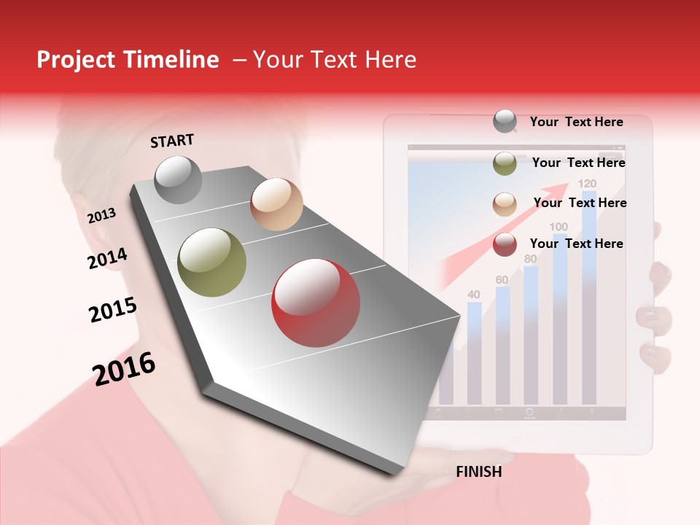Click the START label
click(172, 141)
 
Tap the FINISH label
click(479, 472)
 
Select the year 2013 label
click(102, 216)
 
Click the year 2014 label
click(108, 259)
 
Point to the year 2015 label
click(113, 310)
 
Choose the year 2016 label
click(124, 368)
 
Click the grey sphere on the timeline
click(179, 179)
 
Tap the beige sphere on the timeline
click(276, 204)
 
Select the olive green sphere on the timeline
click(212, 262)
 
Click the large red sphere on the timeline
click(316, 303)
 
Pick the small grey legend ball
click(505, 121)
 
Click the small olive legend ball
click(505, 163)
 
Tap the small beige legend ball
click(505, 204)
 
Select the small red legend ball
click(505, 245)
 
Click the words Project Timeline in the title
click(128, 60)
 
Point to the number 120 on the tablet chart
click(587, 183)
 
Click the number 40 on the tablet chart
click(474, 295)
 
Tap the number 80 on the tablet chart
click(530, 259)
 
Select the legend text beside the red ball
click(576, 244)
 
